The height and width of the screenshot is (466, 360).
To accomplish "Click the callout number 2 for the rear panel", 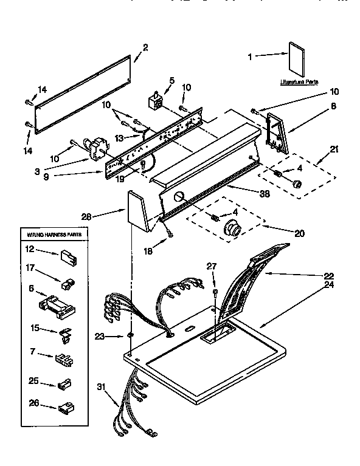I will pos(145,47).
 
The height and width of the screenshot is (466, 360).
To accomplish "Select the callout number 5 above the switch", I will pos(172,80).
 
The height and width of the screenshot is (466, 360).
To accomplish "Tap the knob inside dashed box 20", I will pos(232,229).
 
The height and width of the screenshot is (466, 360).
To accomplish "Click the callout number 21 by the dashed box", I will pos(334,149).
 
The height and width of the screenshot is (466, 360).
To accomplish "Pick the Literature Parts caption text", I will pos(300,81).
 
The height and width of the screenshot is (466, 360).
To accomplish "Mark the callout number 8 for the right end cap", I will pos(334,105).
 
